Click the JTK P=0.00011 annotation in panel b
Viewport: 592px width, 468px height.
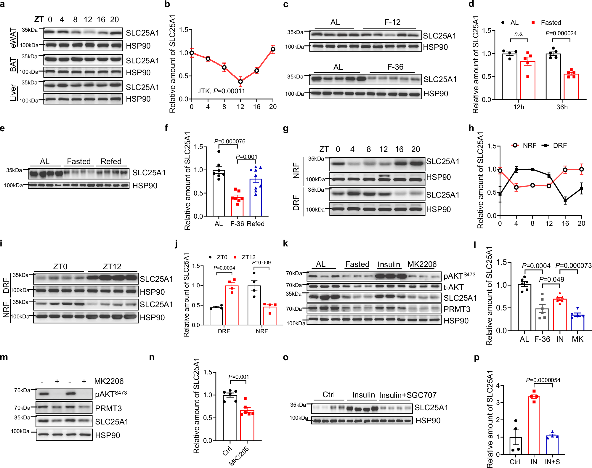(x=221, y=91)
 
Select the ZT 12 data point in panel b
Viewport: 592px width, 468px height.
(x=240, y=81)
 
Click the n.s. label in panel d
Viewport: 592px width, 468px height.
(x=519, y=34)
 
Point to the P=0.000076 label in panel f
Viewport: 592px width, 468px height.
(x=230, y=141)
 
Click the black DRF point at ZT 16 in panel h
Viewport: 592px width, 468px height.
(x=565, y=201)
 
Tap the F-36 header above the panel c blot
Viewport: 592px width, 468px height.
(x=395, y=67)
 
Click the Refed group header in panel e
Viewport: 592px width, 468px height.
(x=111, y=161)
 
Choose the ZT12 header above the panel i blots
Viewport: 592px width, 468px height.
(x=112, y=266)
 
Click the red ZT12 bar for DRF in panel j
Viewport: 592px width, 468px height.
(x=232, y=305)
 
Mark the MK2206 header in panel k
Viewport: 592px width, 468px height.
(x=422, y=264)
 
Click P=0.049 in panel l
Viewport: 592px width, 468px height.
(x=551, y=279)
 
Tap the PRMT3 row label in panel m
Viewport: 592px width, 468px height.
(x=108, y=408)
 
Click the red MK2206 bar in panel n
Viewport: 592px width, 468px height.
(x=247, y=425)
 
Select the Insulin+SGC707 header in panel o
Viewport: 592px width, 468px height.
(x=407, y=395)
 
